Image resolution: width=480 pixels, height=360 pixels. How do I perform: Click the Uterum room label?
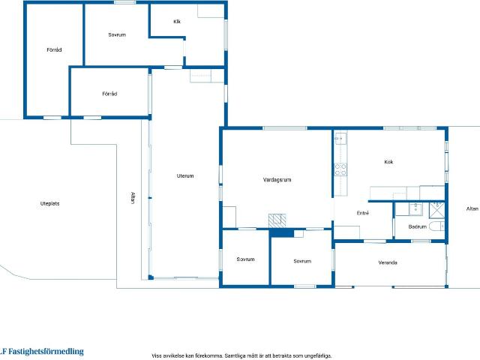[185, 175]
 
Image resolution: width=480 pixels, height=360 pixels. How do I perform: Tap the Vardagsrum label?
[277, 180]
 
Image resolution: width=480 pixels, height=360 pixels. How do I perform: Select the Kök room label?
[388, 162]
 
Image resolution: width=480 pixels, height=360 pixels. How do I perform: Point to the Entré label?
[363, 213]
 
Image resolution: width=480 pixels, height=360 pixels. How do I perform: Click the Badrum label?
[418, 226]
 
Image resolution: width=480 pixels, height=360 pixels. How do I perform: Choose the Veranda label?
[388, 262]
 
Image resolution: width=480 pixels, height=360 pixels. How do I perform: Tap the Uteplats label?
[50, 203]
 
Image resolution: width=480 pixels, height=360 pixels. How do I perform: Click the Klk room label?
[177, 22]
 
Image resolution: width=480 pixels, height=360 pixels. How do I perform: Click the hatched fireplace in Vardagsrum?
[277, 220]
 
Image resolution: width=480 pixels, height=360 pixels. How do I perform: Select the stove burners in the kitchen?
[340, 169]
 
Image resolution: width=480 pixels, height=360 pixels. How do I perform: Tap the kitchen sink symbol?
[340, 138]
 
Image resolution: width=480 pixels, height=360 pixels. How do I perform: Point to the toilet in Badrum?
[436, 226]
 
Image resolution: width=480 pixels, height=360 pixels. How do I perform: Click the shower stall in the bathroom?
[436, 210]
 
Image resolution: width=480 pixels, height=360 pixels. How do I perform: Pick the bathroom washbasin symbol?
[415, 208]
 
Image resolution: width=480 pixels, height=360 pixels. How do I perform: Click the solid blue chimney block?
[282, 233]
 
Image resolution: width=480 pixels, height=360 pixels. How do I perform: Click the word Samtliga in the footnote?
[235, 355]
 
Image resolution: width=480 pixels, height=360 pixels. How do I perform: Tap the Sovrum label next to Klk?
[117, 34]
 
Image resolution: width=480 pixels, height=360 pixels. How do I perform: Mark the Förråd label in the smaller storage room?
[109, 94]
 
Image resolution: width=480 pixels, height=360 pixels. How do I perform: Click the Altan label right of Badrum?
[472, 208]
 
